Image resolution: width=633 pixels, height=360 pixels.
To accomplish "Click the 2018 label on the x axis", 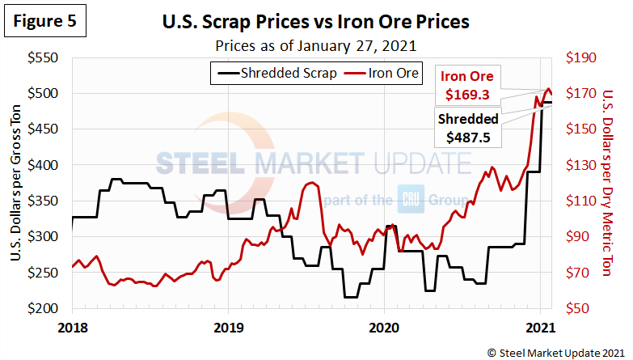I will [x=73, y=327].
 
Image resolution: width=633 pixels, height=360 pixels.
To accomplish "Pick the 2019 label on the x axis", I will [x=228, y=327].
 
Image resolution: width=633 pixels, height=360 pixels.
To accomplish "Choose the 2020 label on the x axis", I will [x=383, y=327].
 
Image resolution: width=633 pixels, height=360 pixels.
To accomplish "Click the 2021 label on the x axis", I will [x=538, y=327].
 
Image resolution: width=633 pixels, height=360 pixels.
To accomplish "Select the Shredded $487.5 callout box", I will [x=468, y=128].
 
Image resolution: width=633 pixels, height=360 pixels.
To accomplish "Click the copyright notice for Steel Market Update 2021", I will [x=555, y=352].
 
